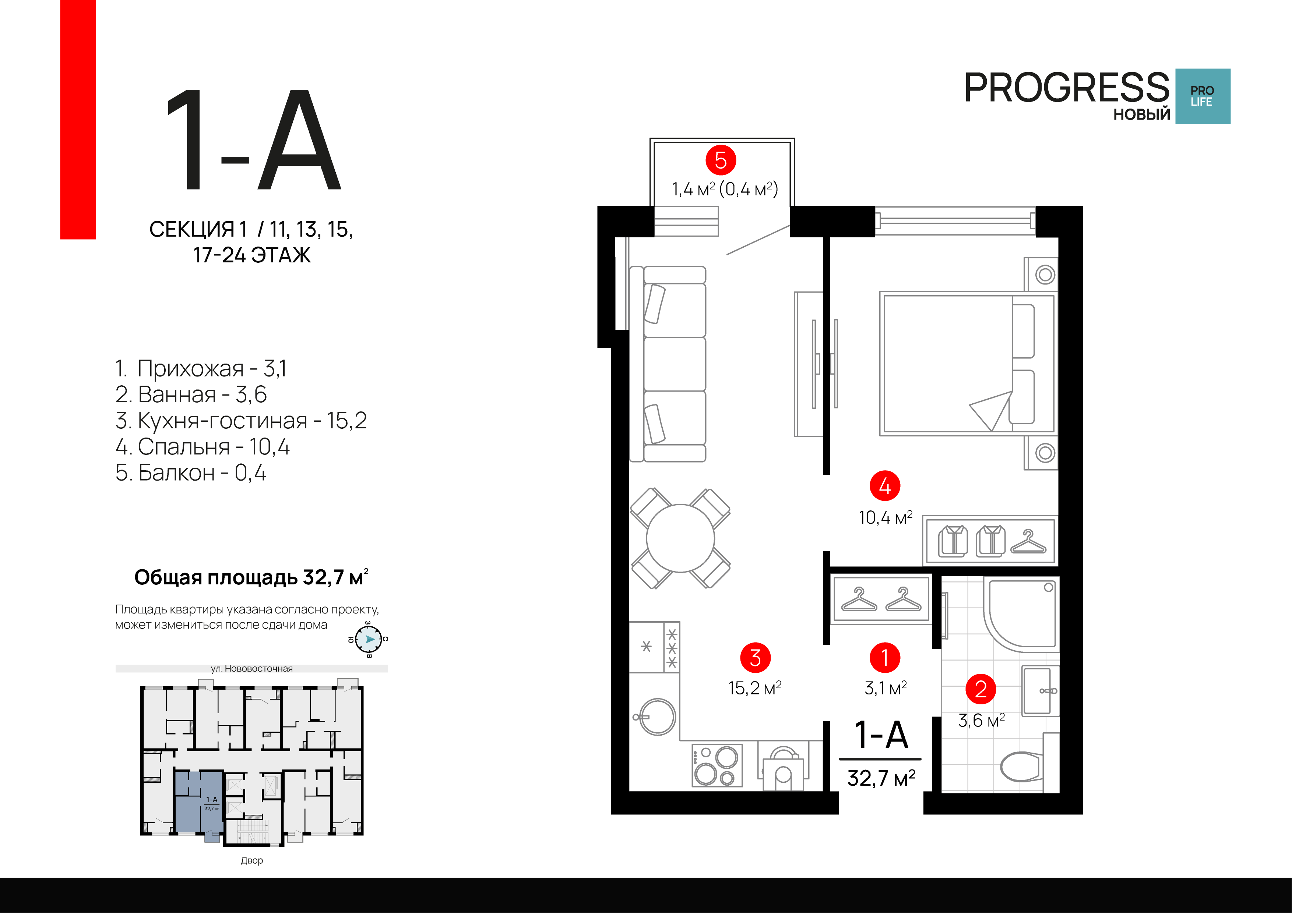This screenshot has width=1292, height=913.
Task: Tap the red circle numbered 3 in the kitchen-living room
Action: point(755,658)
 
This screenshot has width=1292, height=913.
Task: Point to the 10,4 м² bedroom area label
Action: point(885,517)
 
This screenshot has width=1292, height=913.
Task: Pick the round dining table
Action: point(680,538)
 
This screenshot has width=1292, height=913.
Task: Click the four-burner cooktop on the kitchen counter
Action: point(717,765)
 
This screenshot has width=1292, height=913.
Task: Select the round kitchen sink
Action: point(656,717)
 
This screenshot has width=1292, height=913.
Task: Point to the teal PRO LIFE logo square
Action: point(1203,96)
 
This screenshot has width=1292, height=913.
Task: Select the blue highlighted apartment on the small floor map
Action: point(198,801)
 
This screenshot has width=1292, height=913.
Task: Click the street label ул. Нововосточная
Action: point(251,668)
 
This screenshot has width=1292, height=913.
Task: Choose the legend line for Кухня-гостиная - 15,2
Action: point(241,420)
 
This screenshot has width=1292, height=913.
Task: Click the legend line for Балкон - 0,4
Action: point(191,473)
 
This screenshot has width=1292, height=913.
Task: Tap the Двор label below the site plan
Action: point(251,860)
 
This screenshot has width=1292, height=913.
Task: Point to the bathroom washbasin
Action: point(1038,691)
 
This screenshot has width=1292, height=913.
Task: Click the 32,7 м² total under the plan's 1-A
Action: point(881,778)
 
